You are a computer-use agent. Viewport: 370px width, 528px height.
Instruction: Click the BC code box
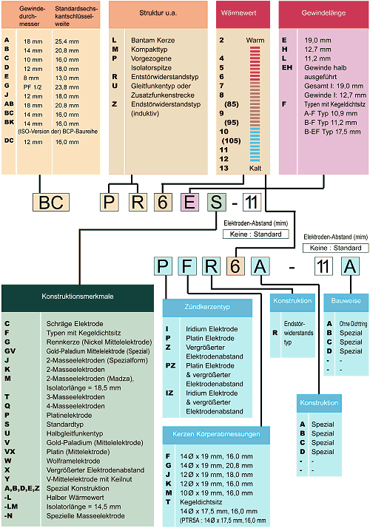51,202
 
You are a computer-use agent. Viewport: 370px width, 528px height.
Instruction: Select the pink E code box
189,202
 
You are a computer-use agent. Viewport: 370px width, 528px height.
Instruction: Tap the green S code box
216,202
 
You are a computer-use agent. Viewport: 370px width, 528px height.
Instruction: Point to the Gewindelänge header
323,13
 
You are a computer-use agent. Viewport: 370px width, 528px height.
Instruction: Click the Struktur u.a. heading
158,13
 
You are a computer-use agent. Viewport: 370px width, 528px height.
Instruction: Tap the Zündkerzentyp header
207,308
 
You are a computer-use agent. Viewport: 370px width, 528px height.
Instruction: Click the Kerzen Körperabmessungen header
216,435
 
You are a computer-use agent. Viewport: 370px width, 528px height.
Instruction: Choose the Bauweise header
346,302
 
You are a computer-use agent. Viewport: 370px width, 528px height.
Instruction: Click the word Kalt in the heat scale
255,168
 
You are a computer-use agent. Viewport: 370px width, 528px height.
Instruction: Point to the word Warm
255,40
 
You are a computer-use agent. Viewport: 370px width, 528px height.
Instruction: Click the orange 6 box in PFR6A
235,266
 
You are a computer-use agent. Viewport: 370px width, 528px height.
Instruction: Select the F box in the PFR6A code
187,266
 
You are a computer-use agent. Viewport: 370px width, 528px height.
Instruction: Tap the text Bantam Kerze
153,40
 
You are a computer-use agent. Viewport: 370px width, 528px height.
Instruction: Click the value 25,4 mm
67,41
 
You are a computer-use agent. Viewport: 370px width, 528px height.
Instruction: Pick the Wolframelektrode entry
73,461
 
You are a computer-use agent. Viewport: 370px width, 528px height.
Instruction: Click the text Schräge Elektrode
75,324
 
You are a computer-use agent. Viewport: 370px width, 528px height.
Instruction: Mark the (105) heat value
231,141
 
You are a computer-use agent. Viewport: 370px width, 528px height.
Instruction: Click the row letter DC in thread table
9,141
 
